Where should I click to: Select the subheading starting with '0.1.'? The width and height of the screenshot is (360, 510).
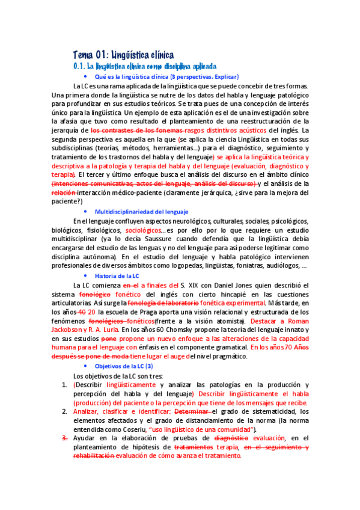pyautogui.click(x=144, y=67)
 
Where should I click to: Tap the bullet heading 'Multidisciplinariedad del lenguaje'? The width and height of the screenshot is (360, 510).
pyautogui.click(x=142, y=212)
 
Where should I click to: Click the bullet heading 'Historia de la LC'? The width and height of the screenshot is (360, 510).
pyautogui.click(x=117, y=275)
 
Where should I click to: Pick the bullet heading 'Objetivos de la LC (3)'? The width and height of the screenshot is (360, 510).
pyautogui.click(x=124, y=366)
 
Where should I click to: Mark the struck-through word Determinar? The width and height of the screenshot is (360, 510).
pyautogui.click(x=192, y=411)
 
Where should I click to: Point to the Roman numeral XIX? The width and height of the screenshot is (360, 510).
pyautogui.click(x=194, y=284)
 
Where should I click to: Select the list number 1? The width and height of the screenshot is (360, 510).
pyautogui.click(x=64, y=384)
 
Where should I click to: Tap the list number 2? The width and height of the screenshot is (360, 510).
pyautogui.click(x=64, y=411)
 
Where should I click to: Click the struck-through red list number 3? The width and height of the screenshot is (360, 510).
pyautogui.click(x=64, y=438)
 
